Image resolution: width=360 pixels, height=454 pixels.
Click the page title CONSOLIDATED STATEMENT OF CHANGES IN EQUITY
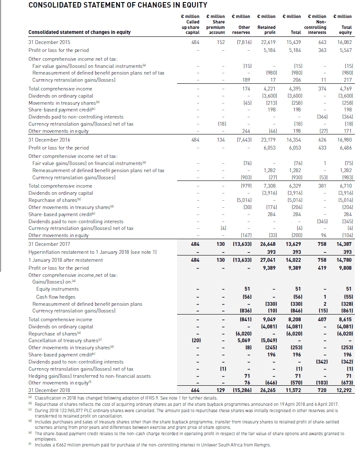(x=118, y=5)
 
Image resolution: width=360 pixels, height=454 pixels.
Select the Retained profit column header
(x=267, y=29)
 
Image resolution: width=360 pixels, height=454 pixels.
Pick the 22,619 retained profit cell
(x=268, y=42)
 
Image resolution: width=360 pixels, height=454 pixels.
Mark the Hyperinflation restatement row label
(x=89, y=252)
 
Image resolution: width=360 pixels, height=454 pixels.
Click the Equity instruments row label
(x=57, y=289)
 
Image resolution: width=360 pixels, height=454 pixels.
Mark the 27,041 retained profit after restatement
(x=268, y=260)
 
